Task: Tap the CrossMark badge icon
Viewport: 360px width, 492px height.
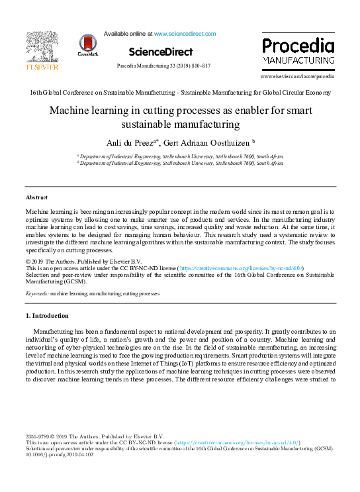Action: coord(87,44)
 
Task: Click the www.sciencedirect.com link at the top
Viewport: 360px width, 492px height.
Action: coord(185,33)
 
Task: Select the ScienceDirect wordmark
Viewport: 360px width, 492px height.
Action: coord(161,52)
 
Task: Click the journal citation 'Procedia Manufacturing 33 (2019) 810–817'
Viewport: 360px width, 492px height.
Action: coord(163,66)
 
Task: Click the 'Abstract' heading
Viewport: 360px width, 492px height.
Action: coord(36,197)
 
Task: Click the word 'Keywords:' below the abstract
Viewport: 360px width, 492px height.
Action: coord(37,293)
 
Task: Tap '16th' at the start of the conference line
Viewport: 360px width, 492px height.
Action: coord(35,92)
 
